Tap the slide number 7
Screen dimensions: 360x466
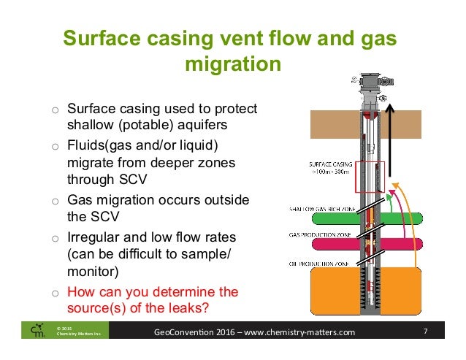(x=426, y=333)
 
